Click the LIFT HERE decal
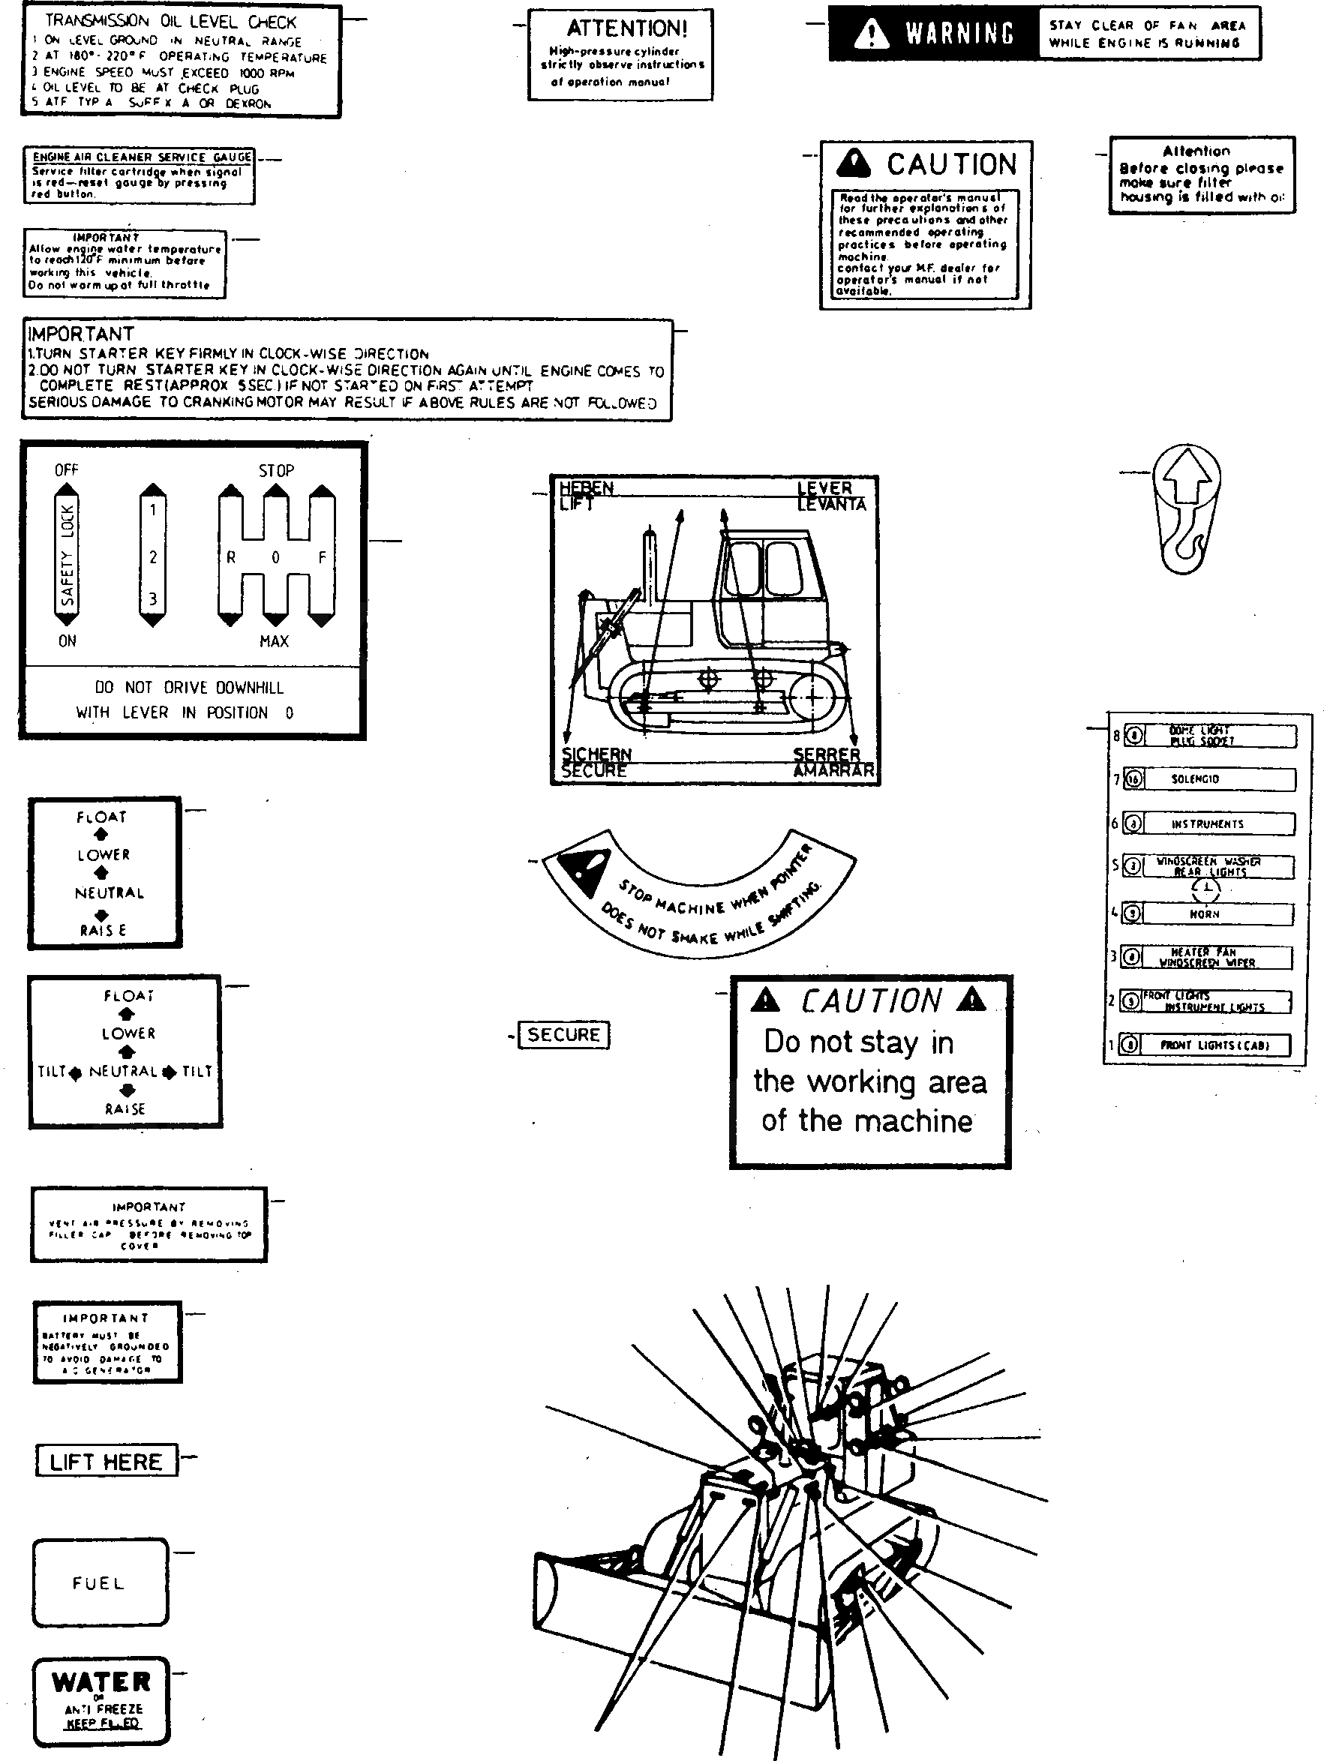click(x=106, y=1462)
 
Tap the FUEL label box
click(x=101, y=1582)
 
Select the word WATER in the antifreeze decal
click(x=101, y=1682)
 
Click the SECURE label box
click(x=563, y=1035)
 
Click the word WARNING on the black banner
click(x=959, y=34)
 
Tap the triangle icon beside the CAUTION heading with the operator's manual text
click(x=854, y=163)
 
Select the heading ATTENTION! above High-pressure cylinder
click(x=626, y=28)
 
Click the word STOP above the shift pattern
click(x=276, y=470)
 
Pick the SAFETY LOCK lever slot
click(x=67, y=555)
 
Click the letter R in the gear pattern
click(x=231, y=557)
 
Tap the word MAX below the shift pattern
click(x=274, y=640)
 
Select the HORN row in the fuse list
click(x=1205, y=914)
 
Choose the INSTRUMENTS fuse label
click(x=1207, y=824)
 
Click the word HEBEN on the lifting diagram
click(x=587, y=487)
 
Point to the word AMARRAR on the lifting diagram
click(x=833, y=771)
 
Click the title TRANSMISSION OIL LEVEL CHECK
click(x=170, y=22)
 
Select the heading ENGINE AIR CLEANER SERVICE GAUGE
click(x=142, y=157)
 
